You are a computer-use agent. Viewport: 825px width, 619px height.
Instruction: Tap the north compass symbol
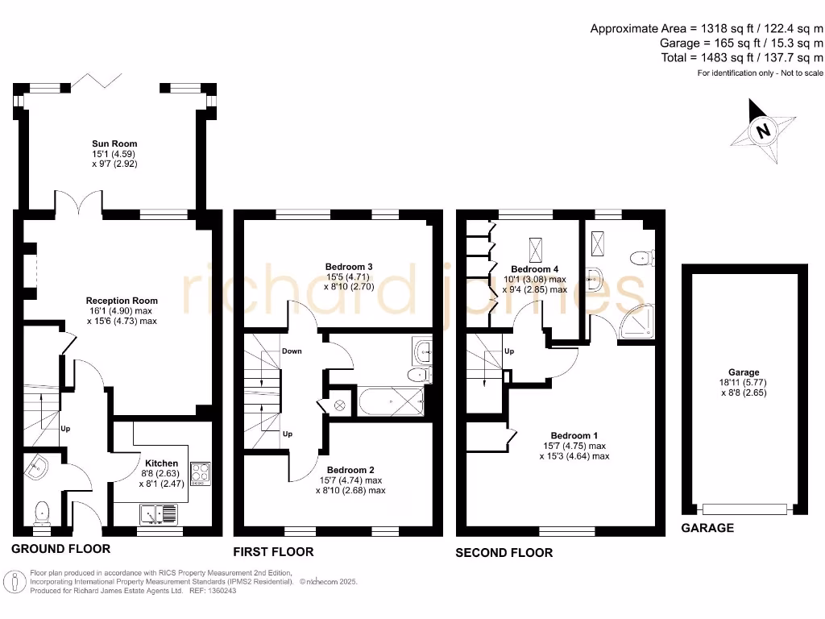762,128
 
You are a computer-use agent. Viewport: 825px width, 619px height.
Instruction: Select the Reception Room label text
120,301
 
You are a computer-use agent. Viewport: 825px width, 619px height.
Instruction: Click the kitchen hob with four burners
200,473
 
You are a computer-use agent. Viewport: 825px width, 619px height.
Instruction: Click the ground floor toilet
43,512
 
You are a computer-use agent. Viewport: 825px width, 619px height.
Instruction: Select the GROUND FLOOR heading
61,549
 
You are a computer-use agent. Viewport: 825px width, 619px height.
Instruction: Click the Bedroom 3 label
348,267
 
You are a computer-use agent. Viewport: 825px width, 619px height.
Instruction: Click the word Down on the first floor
292,351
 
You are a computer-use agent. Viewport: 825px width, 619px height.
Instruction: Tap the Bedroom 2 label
351,469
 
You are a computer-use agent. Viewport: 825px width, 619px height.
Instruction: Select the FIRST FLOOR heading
273,552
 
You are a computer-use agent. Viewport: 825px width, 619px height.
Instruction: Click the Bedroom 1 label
574,434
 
